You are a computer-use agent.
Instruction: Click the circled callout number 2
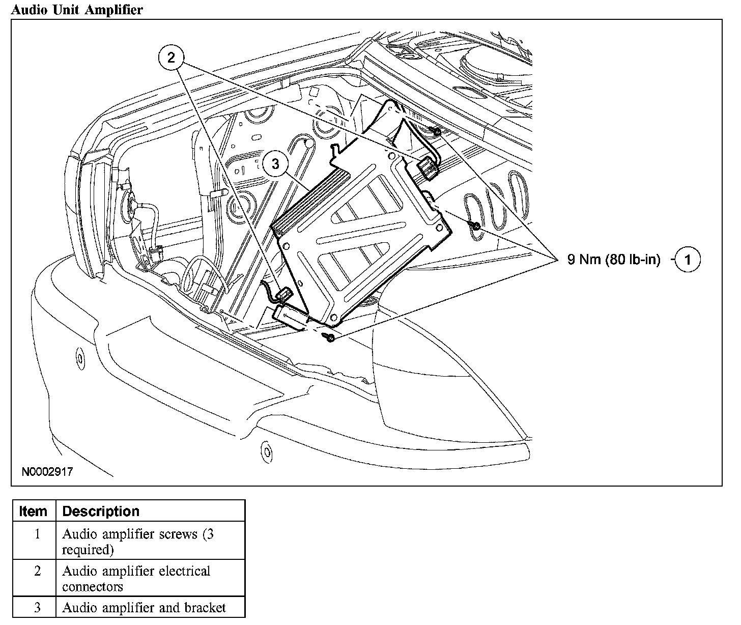click(x=171, y=57)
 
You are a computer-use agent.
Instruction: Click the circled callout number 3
click(x=275, y=164)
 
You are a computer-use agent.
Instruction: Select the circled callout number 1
click(x=688, y=260)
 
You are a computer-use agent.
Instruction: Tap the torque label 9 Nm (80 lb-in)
click(x=614, y=260)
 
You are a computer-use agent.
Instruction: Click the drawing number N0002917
click(x=47, y=472)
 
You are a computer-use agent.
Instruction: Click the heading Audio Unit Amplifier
click(x=77, y=9)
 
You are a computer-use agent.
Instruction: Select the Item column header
click(x=33, y=511)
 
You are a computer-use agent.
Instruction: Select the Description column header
click(x=101, y=511)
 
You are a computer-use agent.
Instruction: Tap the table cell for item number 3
click(x=37, y=608)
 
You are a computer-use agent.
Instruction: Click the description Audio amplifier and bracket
click(x=144, y=608)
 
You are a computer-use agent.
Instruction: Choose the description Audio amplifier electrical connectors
click(x=136, y=579)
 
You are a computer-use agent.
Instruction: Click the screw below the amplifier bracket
click(x=330, y=337)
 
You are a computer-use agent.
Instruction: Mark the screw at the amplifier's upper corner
click(x=437, y=132)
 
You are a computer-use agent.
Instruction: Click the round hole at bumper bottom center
click(x=265, y=449)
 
